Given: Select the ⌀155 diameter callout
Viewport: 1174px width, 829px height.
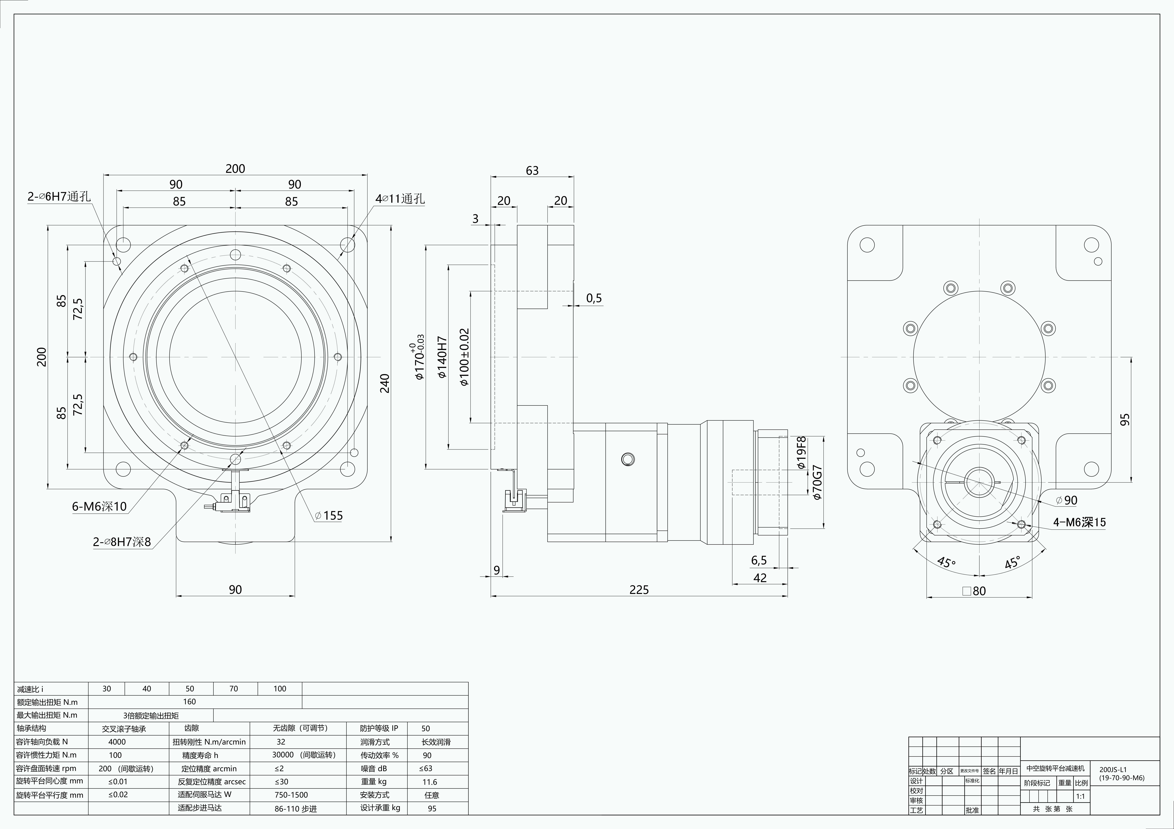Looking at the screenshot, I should click(x=329, y=516).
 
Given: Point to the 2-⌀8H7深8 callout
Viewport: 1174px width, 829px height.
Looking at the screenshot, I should click(x=122, y=542).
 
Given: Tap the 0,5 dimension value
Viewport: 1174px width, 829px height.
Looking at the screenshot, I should click(x=594, y=298).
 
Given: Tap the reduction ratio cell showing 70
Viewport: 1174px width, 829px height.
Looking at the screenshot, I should click(x=234, y=688).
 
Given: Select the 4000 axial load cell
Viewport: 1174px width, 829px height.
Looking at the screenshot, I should click(x=117, y=742).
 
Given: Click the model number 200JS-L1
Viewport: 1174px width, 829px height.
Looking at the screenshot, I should click(x=1113, y=769).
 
